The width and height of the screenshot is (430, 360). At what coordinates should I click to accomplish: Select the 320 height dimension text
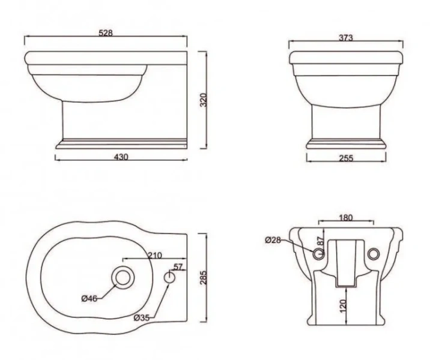[203, 100]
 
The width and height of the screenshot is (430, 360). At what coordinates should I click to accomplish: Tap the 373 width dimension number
[345, 38]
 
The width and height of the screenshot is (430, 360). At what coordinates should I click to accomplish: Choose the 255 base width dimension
[345, 158]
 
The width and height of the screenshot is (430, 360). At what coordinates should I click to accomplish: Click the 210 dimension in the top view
[154, 256]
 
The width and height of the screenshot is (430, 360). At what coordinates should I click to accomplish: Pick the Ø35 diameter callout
[142, 317]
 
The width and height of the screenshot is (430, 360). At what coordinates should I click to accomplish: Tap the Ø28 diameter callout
[273, 241]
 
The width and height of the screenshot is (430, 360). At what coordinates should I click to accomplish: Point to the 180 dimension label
[345, 217]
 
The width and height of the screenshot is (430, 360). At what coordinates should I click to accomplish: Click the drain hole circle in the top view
[124, 277]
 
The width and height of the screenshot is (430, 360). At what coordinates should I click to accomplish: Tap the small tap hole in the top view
[170, 277]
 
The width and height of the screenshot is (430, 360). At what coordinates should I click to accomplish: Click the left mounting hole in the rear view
[318, 254]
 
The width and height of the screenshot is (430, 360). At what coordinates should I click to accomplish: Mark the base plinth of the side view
[120, 144]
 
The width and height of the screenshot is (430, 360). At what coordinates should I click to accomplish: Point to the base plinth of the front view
[345, 143]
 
